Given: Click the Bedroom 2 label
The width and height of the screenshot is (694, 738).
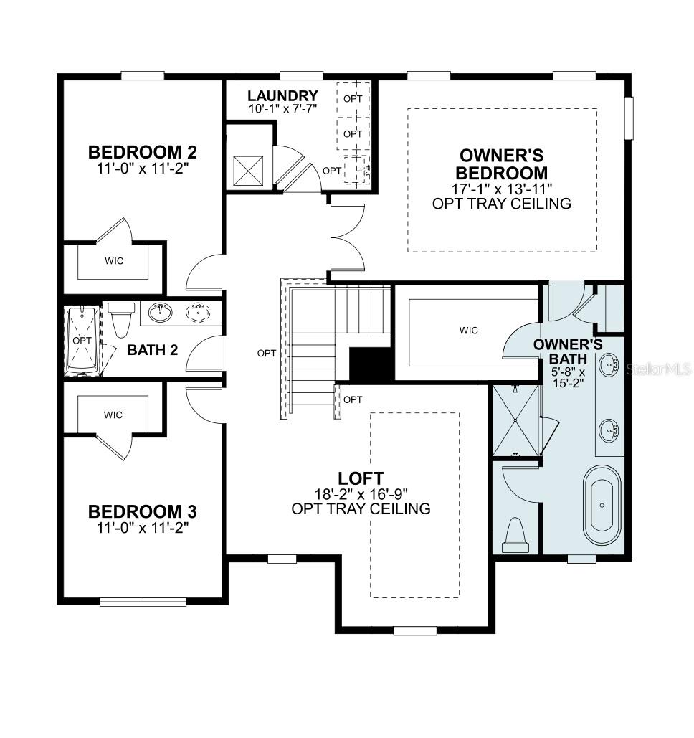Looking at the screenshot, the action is (x=142, y=152).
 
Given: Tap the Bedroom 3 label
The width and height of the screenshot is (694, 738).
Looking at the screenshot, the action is (x=142, y=511).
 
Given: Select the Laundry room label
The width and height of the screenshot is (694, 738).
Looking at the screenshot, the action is (x=282, y=95).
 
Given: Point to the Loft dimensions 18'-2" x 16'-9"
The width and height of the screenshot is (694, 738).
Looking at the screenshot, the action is (x=361, y=494).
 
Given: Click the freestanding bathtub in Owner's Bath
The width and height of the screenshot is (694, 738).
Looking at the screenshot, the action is (x=602, y=506).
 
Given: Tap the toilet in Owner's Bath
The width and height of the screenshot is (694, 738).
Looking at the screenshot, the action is (x=515, y=536).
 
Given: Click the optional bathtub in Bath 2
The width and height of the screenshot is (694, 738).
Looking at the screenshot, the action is (x=82, y=341).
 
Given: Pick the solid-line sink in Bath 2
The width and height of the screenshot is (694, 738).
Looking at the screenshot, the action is (x=160, y=313).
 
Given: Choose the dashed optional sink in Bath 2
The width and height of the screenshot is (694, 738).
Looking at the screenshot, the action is (x=198, y=313).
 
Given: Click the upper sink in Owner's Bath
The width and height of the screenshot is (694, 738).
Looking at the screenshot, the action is (x=609, y=365).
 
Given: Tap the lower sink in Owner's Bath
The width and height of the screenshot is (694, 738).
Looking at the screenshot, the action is (x=609, y=430).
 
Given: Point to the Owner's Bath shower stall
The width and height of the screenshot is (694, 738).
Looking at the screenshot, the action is (x=515, y=420).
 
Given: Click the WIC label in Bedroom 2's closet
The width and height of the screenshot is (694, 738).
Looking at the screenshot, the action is (x=114, y=261).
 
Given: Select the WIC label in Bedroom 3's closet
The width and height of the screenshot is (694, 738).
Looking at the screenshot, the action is (x=113, y=415).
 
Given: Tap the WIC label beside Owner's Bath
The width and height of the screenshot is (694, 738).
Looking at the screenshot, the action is (x=469, y=331).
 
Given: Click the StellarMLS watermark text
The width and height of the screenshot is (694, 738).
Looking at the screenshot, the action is (x=658, y=369).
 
